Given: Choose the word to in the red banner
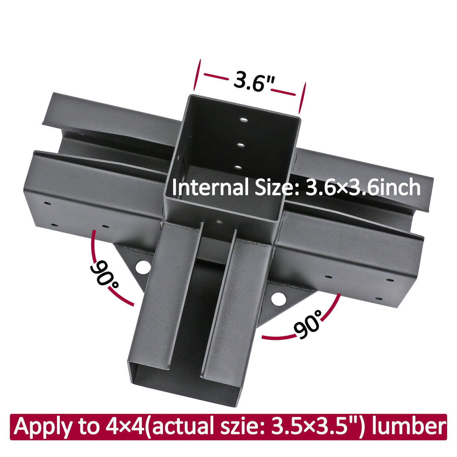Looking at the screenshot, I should pos(85,427).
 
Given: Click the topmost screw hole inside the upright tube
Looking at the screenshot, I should pos(244,120).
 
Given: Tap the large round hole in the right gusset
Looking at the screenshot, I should pos(279,299).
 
